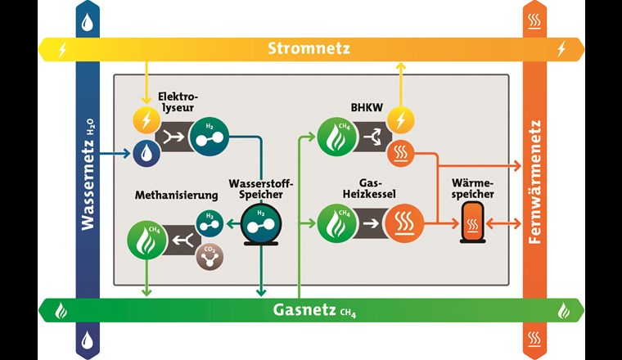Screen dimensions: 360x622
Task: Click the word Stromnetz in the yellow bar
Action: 309,49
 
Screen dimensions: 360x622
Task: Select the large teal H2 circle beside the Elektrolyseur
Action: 209,137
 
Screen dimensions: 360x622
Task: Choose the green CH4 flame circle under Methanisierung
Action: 146,239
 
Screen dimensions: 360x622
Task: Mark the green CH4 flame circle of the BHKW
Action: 336,137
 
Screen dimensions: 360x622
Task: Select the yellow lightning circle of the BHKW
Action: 400,121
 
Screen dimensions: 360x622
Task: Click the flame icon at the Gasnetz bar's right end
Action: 565,311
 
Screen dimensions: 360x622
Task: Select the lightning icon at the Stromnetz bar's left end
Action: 61,49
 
